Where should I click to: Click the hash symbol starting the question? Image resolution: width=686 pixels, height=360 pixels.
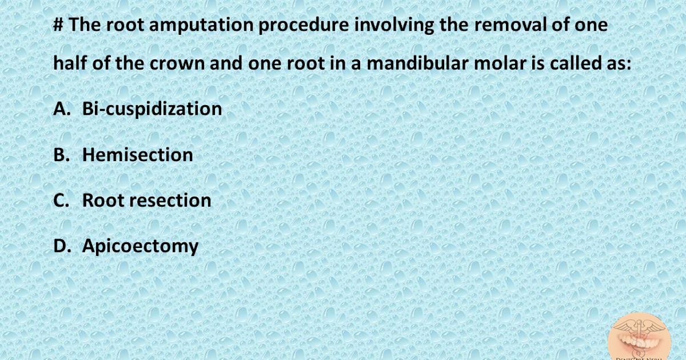59,27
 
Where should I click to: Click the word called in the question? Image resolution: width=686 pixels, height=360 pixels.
577,63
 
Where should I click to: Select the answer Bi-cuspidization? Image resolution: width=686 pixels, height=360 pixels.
152,109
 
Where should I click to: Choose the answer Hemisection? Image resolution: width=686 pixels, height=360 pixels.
138,155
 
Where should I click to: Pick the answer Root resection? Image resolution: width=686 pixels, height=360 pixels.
147,201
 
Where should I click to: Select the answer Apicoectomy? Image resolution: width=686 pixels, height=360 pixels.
141,246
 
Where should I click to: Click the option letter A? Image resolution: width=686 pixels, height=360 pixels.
61,109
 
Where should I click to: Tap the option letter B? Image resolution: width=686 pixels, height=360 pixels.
60,155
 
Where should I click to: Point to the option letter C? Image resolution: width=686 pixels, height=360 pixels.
60,201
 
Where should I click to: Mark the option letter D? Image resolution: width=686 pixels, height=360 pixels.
61,246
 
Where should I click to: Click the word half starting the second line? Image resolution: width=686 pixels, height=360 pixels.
70,63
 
